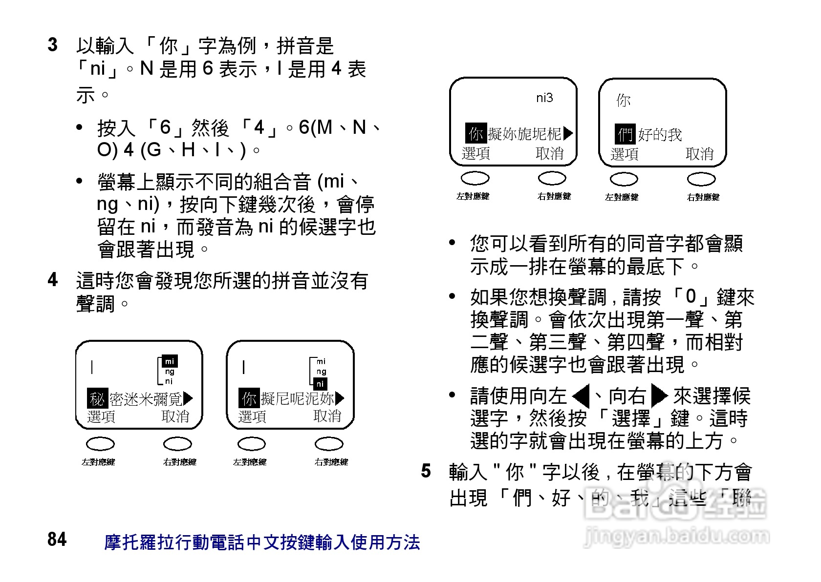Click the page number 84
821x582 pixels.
[57, 540]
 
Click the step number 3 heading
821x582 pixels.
[53, 45]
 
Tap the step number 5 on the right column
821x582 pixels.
[426, 471]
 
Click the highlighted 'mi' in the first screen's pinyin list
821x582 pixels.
[169, 362]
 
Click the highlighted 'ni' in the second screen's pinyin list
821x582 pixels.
[320, 384]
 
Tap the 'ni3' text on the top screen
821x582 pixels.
[544, 98]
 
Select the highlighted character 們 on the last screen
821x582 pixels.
[625, 134]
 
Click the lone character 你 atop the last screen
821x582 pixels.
[624, 101]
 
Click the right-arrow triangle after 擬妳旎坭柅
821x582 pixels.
[568, 133]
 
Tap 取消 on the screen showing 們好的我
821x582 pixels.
[700, 154]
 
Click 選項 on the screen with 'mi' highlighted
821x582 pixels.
[101, 416]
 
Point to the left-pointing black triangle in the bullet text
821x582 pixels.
[581, 396]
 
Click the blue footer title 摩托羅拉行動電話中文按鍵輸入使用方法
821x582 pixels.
[262, 542]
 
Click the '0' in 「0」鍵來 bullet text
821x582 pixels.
[691, 296]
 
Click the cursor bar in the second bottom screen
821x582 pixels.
[244, 367]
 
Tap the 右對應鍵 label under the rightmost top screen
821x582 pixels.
[703, 197]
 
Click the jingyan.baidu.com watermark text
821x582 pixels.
[677, 537]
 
